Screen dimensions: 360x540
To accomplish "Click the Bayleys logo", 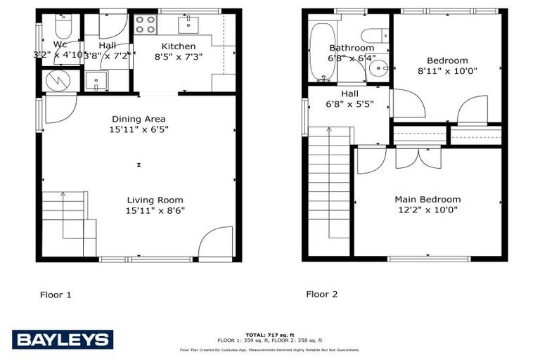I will click(63, 340).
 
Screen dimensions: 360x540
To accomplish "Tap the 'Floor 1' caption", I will click(56, 295).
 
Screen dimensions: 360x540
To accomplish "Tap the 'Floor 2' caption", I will click(321, 294).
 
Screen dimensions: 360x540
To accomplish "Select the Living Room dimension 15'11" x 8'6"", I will click(155, 210).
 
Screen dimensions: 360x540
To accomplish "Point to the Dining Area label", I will click(139, 119).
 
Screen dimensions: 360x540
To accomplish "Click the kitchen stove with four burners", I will click(145, 25).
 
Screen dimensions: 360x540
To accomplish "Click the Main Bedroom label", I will click(427, 200).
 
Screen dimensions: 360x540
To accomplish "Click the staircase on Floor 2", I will click(327, 190).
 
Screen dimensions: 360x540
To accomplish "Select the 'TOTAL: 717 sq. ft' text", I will click(269, 335).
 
